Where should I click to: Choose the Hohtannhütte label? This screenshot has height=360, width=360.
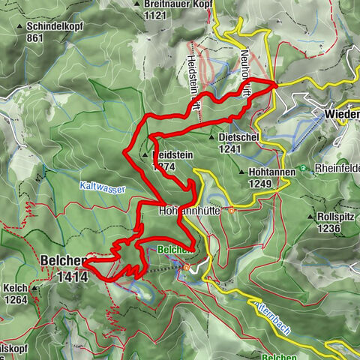(x=192, y=211)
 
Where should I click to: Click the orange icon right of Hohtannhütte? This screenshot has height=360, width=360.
(x=232, y=211)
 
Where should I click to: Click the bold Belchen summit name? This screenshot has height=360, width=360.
(x=61, y=261)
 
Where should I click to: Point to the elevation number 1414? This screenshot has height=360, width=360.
(x=72, y=277)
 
